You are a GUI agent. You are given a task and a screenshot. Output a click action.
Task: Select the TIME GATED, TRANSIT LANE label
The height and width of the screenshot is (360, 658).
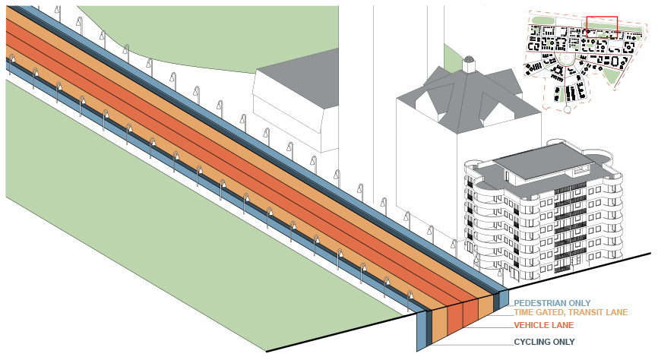click(563, 311)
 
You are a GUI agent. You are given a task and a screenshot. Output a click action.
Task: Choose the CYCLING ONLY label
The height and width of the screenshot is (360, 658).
click(544, 342)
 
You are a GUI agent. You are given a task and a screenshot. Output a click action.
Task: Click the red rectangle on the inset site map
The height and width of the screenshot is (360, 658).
click(602, 26)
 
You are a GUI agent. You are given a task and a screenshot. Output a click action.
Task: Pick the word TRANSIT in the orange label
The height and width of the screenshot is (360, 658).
click(577, 311)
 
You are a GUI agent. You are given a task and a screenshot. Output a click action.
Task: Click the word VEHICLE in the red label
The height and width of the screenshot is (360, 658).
click(530, 325)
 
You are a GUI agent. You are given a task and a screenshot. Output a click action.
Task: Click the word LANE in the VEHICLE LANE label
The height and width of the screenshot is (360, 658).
click(560, 325)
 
